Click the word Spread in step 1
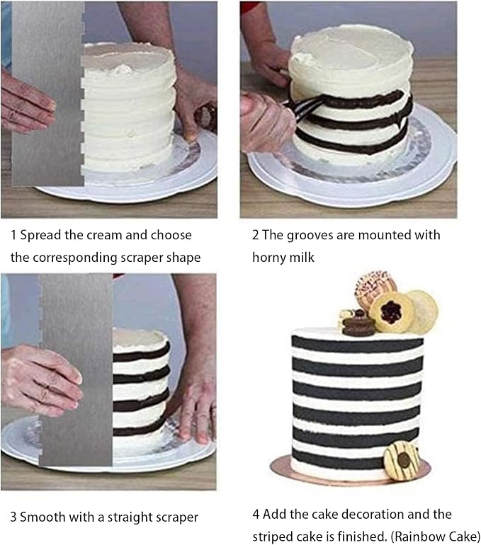pos(41,235)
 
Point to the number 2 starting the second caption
pos(256,235)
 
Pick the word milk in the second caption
pos(300,258)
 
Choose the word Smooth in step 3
pos(43,517)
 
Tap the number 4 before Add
pos(256,514)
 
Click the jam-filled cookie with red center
pos(390,311)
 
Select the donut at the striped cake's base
pos(402,460)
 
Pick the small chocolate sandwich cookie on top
pos(358,324)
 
